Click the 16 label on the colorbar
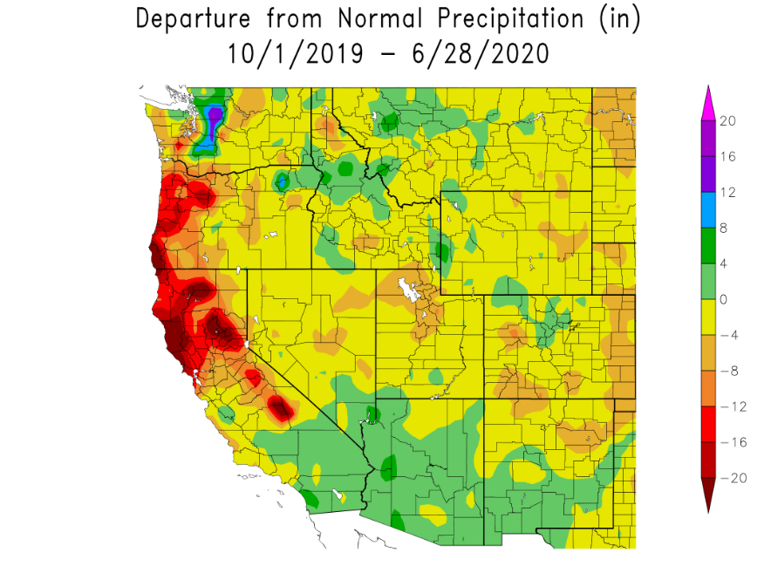pyautogui.click(x=728, y=157)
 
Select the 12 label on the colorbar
pyautogui.click(x=728, y=193)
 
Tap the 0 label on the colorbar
pyautogui.click(x=725, y=299)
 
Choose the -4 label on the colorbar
pyautogui.click(x=728, y=335)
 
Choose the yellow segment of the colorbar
pyautogui.click(x=709, y=317)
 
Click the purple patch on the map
pyautogui.click(x=215, y=115)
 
